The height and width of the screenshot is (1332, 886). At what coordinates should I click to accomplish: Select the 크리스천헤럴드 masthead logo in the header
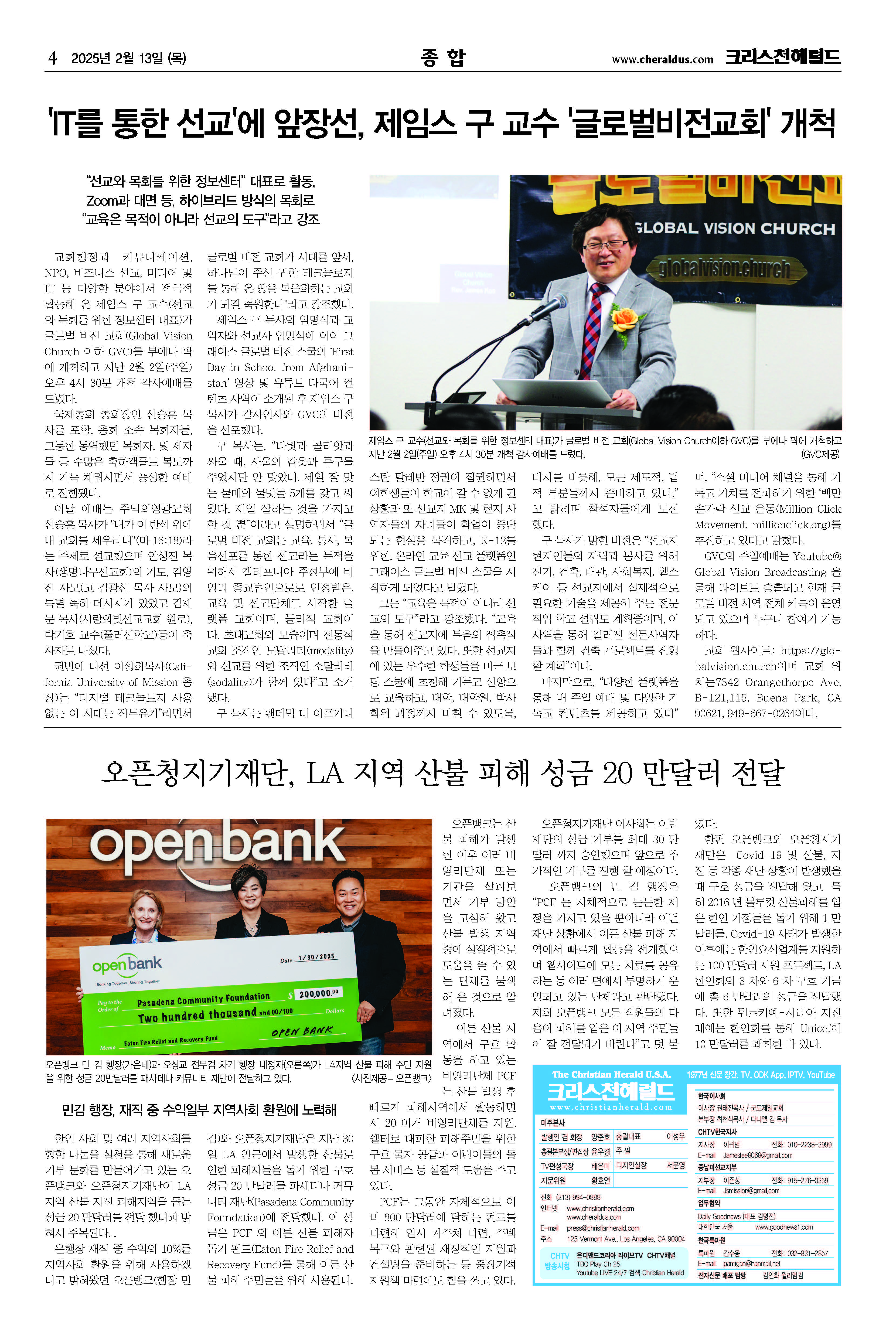point(783,57)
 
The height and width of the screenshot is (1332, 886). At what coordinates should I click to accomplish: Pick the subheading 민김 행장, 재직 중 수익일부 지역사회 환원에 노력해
point(199,1109)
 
